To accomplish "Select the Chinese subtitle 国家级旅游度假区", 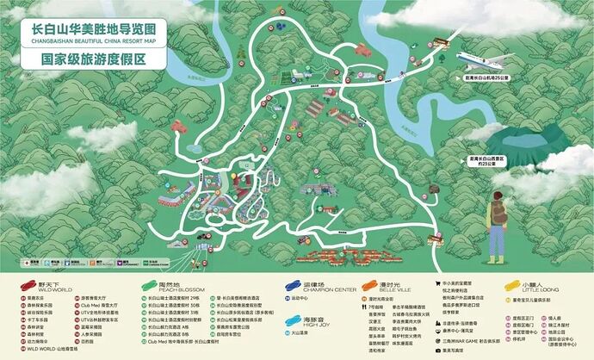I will (93, 61).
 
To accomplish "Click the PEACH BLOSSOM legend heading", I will (168, 287).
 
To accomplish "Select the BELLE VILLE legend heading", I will (392, 287).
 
